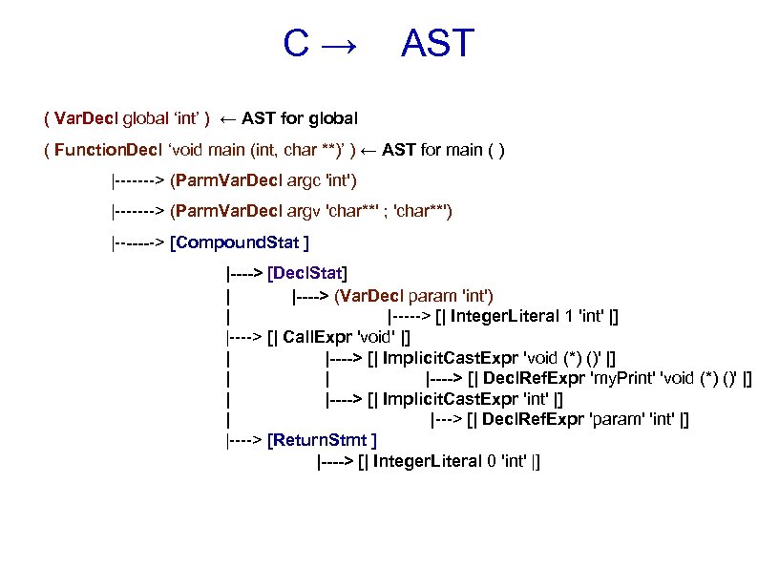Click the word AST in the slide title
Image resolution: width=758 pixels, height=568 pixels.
pos(437,44)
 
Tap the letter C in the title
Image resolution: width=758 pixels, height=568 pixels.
pos(295,44)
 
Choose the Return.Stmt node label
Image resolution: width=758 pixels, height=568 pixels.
pos(323,440)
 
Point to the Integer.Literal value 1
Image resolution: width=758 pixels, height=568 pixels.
pos(569,316)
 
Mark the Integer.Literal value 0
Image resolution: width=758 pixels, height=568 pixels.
pos(491,461)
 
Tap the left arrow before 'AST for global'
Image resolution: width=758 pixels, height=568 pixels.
pos(229,119)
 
